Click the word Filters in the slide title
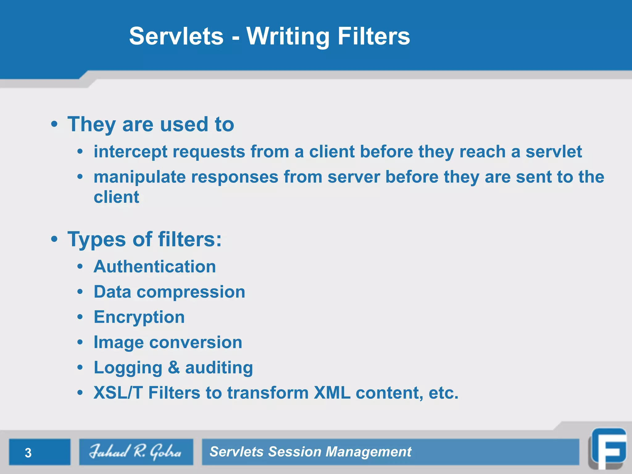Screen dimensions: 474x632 click(373, 36)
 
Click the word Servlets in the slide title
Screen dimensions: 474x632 click(176, 36)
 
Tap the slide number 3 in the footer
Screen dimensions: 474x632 click(28, 453)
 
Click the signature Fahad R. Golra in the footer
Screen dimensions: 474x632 click(136, 452)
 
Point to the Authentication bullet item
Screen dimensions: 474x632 click(155, 267)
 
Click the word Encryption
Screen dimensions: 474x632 click(139, 317)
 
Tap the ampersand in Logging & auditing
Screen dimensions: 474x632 click(174, 368)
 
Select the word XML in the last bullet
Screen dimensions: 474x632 click(332, 393)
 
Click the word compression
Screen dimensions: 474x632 click(191, 292)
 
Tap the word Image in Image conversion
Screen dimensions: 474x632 click(118, 343)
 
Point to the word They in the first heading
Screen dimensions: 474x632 click(91, 125)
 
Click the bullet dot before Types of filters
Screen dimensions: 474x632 click(54, 239)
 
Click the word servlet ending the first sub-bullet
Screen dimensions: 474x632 click(554, 152)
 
